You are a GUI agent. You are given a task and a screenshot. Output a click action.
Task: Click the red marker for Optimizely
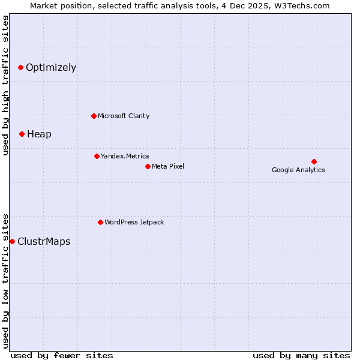[20, 67]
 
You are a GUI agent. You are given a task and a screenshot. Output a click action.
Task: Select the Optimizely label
[51, 67]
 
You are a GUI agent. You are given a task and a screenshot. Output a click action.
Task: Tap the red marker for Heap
[22, 134]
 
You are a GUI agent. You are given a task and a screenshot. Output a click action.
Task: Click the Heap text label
[39, 134]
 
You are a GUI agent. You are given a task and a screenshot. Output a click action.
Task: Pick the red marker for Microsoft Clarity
[94, 116]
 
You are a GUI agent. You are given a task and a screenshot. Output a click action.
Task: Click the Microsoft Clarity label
[124, 116]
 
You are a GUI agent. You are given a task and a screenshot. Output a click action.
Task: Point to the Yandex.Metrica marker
[97, 156]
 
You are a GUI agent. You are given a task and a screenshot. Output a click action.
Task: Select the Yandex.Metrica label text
[125, 156]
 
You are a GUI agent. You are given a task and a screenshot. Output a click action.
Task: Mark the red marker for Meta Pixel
[148, 166]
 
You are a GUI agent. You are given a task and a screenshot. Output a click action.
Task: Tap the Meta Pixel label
[168, 166]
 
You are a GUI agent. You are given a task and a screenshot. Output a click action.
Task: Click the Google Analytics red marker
[314, 161]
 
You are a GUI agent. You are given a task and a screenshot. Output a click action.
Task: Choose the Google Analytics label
[298, 170]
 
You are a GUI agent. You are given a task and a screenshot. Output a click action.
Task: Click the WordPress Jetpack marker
[100, 222]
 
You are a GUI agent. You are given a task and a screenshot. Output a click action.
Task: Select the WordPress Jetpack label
[134, 222]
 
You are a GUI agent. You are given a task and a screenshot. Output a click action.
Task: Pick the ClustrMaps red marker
[12, 241]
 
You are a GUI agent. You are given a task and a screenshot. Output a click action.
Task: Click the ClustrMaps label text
[44, 241]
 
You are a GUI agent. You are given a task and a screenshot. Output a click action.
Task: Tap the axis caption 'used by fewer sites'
[62, 355]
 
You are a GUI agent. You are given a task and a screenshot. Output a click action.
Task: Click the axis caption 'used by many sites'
[301, 355]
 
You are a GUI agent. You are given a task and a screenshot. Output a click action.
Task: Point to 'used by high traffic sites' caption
[5, 85]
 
